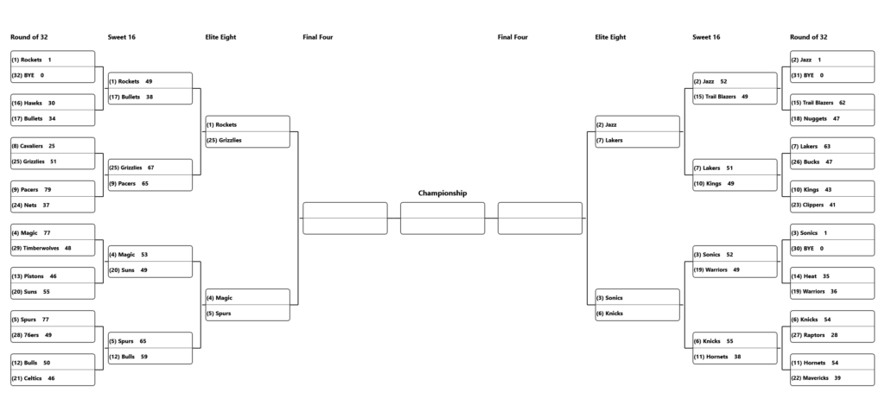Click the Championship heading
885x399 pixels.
442,193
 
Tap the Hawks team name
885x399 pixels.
33,104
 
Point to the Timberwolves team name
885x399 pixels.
41,249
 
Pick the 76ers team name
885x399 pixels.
31,335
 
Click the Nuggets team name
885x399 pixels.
816,119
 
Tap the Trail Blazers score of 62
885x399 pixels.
842,104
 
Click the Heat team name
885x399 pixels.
810,276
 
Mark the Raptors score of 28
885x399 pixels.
834,335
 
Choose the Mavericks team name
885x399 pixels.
816,378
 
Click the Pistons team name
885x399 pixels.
34,276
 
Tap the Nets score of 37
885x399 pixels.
46,206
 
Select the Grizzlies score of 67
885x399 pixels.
150,168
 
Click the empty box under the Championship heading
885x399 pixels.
442,218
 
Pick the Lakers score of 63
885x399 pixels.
827,147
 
